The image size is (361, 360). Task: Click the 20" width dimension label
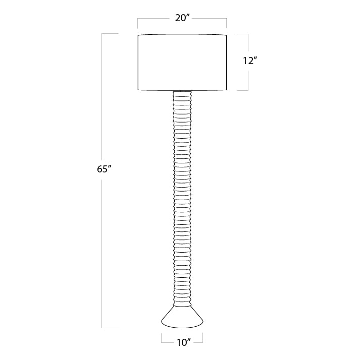tap(182, 18)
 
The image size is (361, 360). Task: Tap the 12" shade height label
tap(250, 61)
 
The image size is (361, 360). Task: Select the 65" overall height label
tap(105, 169)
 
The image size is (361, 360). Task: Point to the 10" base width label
tap(184, 342)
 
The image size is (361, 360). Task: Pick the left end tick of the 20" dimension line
tap(138, 23)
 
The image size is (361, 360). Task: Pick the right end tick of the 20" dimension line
tap(227, 23)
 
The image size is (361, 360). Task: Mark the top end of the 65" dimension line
tap(102, 34)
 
